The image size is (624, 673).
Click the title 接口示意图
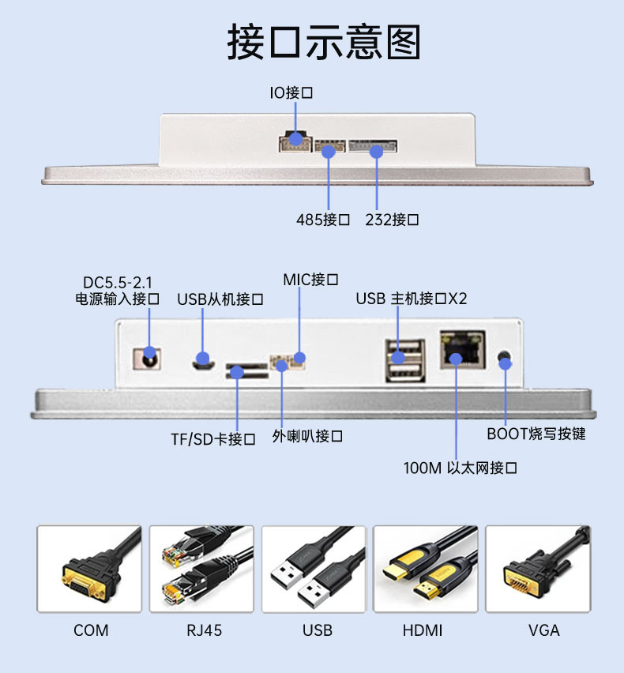coord(324,42)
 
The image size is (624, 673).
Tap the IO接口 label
coord(291,92)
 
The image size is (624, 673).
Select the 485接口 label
coord(323,220)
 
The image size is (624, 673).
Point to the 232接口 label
coord(392,220)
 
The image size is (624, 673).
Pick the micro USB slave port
coord(204,363)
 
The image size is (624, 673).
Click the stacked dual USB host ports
coord(405,362)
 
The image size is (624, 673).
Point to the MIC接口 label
coord(311,280)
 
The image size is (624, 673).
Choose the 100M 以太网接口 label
coord(460,468)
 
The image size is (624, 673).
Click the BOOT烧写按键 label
coord(536,434)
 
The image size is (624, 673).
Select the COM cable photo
coord(89,569)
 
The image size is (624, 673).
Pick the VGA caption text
coord(543,630)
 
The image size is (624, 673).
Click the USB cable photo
coord(314,569)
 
